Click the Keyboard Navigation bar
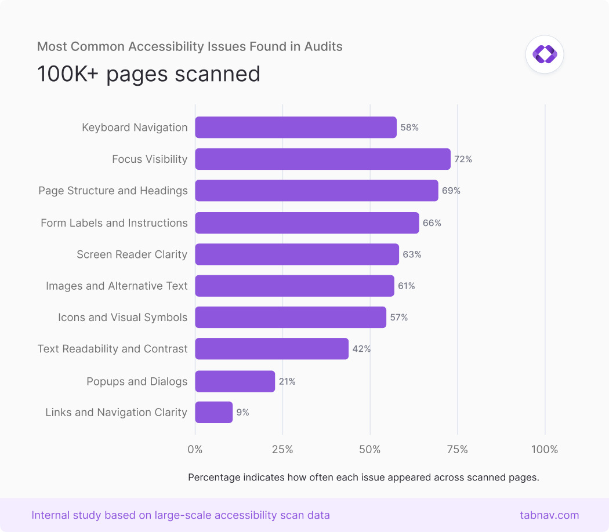pos(296,127)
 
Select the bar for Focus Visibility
pos(322,159)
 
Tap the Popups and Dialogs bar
pos(235,381)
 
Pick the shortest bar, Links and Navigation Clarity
pos(214,413)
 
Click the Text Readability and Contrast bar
pos(271,349)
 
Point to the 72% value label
pos(463,159)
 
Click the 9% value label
pos(242,413)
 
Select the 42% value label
pos(361,349)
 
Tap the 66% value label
pos(432,223)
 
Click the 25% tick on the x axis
pos(282,450)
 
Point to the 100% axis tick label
pos(544,450)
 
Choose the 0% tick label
pos(195,450)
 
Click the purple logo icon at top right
pos(545,54)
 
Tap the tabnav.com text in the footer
pos(549,515)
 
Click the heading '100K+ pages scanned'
pos(148,74)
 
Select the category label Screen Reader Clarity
pos(132,254)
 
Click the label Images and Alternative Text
pos(117,286)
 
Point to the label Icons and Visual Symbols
pos(122,318)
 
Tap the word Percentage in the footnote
pos(214,478)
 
